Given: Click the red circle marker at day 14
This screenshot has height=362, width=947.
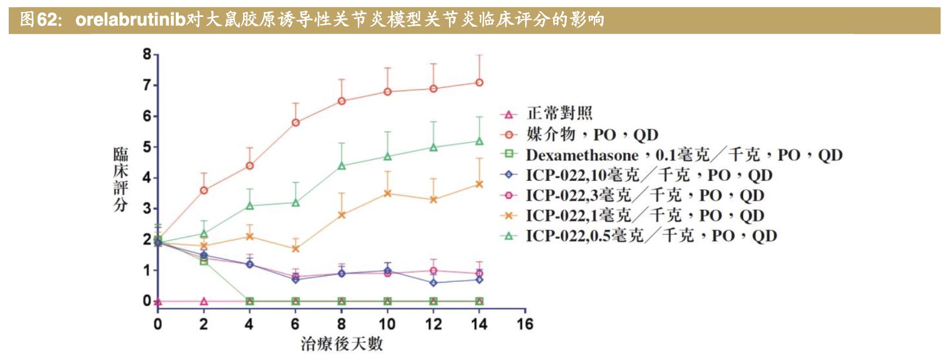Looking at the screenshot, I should (x=479, y=83).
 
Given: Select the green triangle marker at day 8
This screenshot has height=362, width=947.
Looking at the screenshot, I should (x=342, y=166).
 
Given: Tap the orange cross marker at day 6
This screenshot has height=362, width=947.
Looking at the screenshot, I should (x=295, y=249).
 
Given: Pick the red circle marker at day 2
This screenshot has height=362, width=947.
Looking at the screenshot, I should (x=204, y=190).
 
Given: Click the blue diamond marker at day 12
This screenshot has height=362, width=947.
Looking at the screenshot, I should (x=434, y=283).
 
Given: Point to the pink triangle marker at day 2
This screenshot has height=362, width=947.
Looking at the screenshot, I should (x=204, y=301).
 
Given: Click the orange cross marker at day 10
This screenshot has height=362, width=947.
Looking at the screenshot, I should (x=387, y=193).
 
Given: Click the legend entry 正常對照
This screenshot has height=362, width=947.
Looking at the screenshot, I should (x=559, y=113).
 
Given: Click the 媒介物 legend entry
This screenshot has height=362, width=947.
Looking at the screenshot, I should (x=592, y=134).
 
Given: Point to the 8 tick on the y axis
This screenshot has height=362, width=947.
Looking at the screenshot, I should (x=147, y=54).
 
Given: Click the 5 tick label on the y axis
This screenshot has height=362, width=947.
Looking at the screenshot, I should (x=147, y=147).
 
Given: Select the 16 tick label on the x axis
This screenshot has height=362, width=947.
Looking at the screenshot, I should (x=525, y=324).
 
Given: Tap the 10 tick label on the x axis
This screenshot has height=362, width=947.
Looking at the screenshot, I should (x=387, y=324).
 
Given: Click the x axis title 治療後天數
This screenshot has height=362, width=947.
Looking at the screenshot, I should (x=342, y=344).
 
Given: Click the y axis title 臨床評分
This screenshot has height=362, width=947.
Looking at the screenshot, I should (x=120, y=179).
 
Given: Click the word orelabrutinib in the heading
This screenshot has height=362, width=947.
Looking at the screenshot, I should (x=130, y=20).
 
